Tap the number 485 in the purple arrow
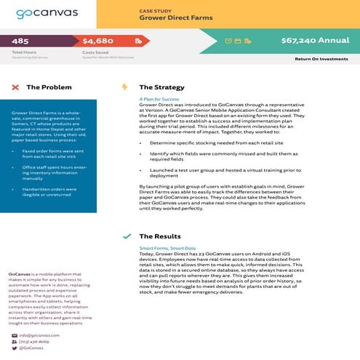[20, 41]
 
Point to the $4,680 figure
[98, 41]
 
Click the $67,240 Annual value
[315, 41]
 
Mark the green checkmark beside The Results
[127, 236]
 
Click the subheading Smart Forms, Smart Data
[167, 248]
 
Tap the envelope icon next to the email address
[14, 335]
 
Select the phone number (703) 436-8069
[34, 341]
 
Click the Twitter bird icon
[14, 348]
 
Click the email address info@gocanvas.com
[39, 335]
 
